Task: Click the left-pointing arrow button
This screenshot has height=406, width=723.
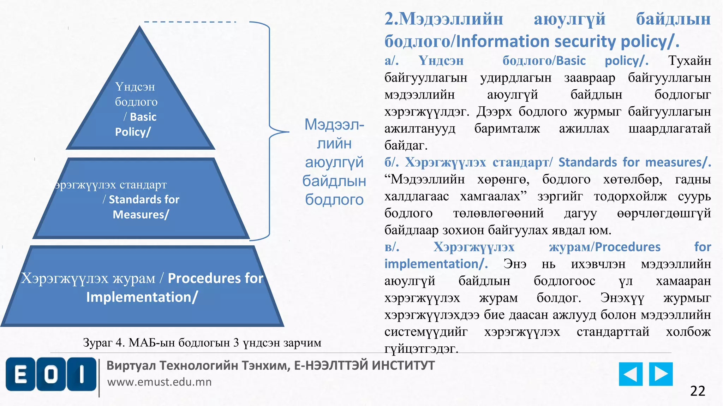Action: (x=631, y=374)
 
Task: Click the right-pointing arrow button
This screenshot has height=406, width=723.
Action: (x=661, y=374)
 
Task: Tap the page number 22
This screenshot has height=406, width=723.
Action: (x=697, y=391)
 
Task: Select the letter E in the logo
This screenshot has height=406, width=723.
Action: (x=20, y=374)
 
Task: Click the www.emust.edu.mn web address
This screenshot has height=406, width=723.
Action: (x=159, y=382)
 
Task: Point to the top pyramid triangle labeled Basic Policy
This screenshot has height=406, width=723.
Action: (x=140, y=106)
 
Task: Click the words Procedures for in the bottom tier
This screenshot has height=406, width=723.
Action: (x=215, y=278)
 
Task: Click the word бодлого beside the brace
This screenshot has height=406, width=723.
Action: (x=334, y=200)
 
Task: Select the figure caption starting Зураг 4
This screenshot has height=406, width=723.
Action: (x=202, y=342)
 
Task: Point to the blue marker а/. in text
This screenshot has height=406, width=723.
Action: (x=391, y=61)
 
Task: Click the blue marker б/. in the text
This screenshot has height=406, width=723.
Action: (x=391, y=162)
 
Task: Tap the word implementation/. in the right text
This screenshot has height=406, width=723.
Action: (x=436, y=264)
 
